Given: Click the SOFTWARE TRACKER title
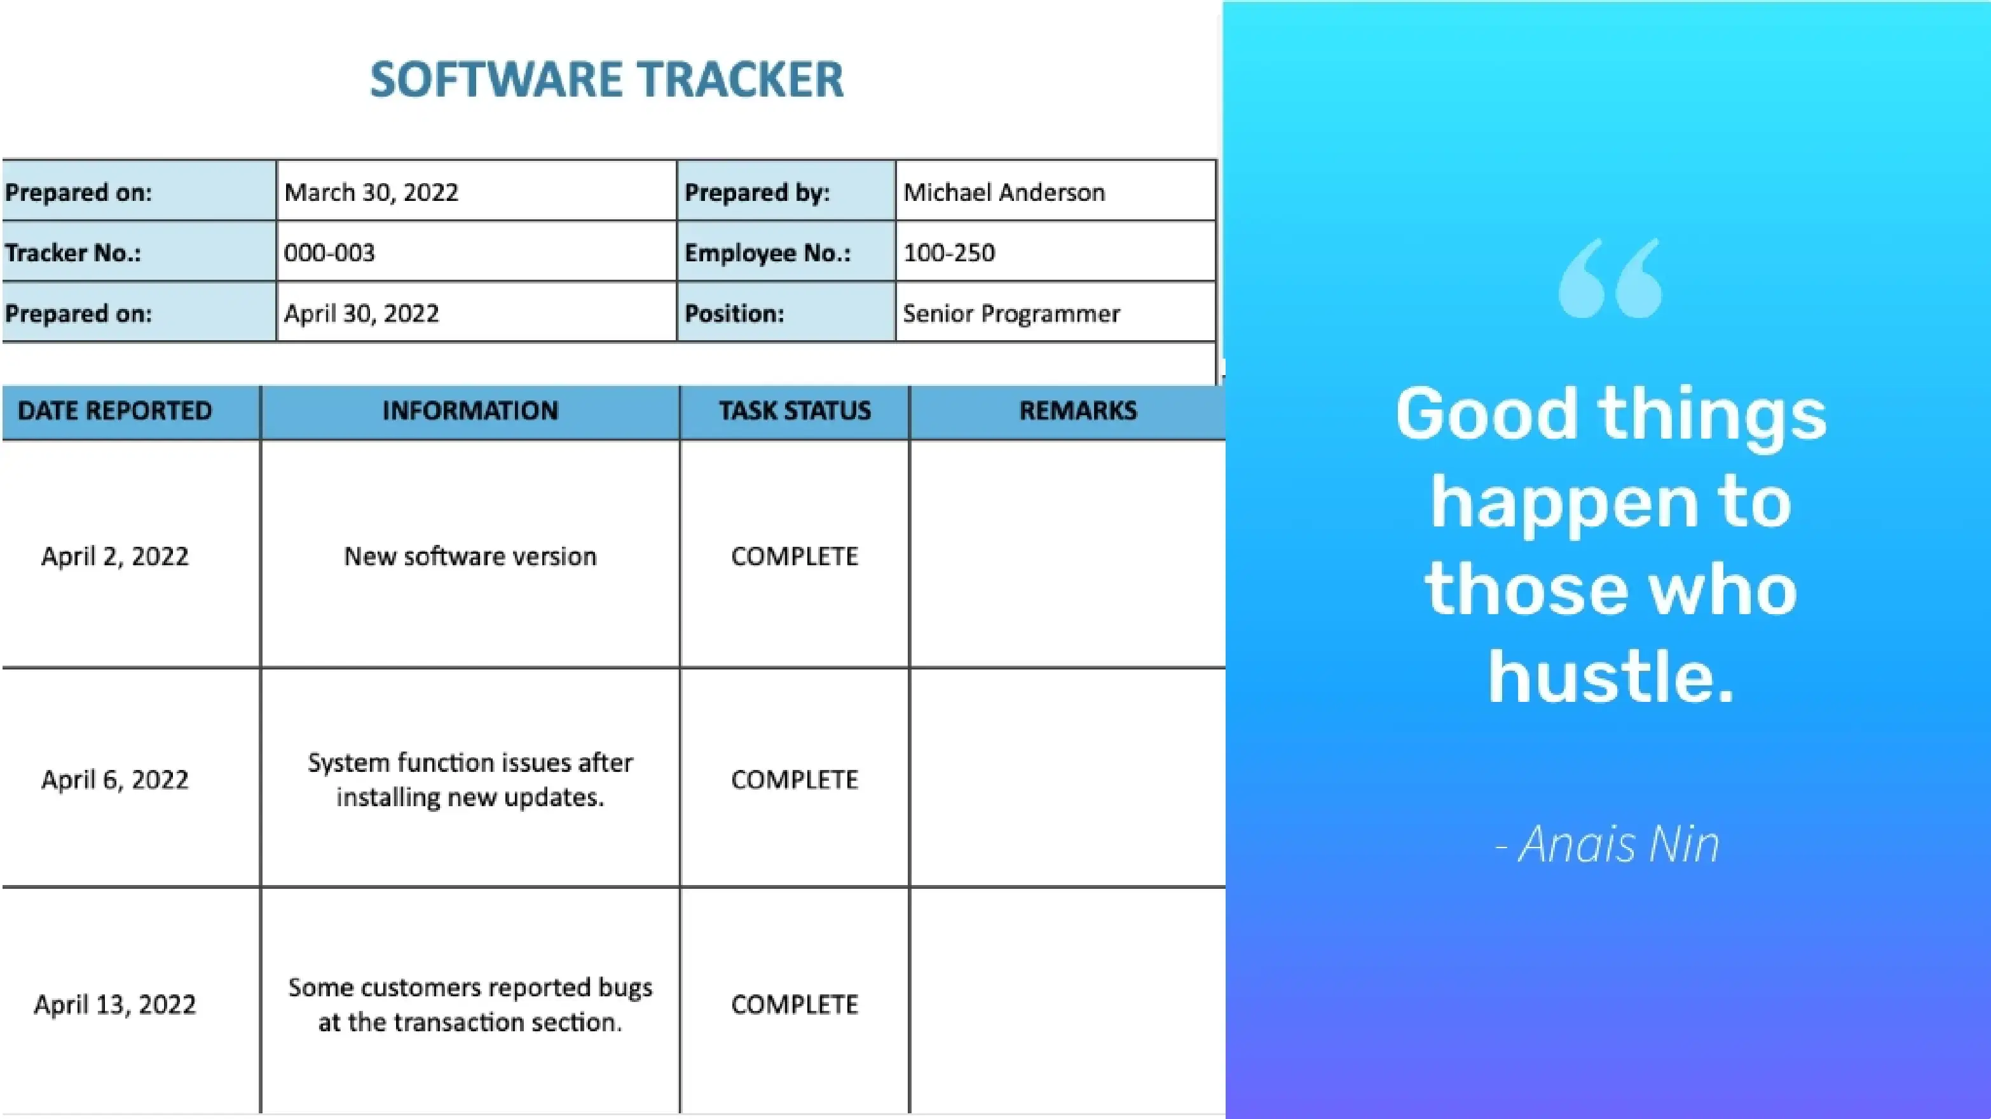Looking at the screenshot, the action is click(606, 79).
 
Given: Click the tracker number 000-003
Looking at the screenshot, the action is click(329, 252).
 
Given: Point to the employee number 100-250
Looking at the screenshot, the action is click(949, 252).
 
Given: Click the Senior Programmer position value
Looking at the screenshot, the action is click(1011, 313).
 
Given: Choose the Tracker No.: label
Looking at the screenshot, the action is click(74, 252).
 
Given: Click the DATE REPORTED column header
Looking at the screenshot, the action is click(114, 410).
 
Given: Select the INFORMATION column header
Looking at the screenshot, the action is click(470, 410).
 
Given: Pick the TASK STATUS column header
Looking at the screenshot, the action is click(795, 410).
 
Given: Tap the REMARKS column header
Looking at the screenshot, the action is click(1078, 410).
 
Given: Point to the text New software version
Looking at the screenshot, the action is click(470, 556).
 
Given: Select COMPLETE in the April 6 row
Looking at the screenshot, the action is click(795, 779).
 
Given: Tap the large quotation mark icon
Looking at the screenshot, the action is click(1611, 278).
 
